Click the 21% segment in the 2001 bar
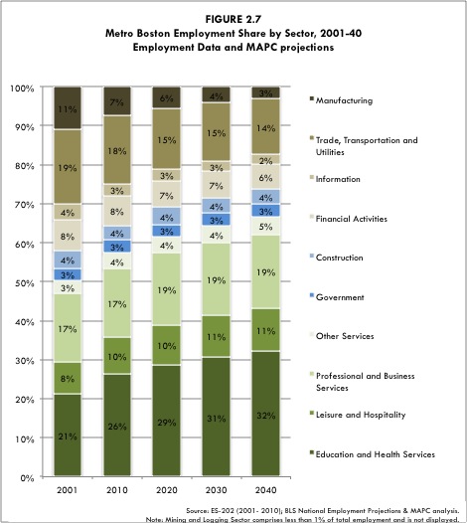point(68,436)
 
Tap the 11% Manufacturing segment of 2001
point(68,107)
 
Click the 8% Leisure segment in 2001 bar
point(68,378)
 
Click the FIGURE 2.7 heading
point(233,17)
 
